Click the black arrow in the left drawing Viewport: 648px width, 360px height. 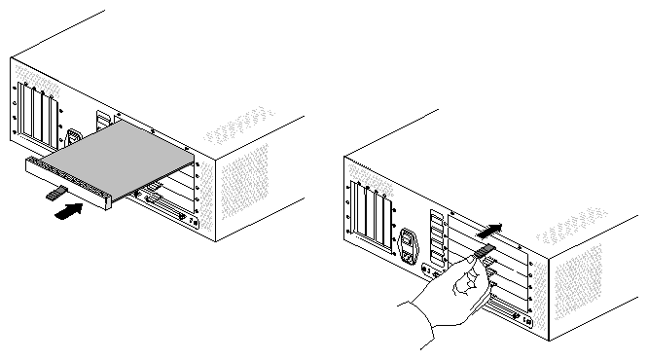[67, 209]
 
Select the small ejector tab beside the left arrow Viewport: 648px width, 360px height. [54, 195]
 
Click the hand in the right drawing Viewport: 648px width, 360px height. [443, 297]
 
